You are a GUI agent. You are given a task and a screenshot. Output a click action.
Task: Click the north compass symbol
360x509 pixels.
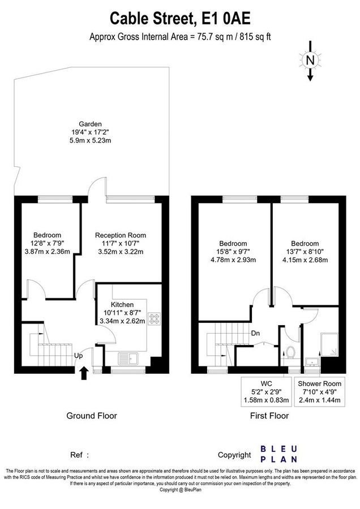tap(310, 61)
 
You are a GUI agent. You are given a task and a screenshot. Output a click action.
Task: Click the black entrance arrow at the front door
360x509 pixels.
tap(84, 373)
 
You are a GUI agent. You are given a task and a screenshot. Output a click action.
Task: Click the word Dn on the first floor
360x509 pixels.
tap(255, 333)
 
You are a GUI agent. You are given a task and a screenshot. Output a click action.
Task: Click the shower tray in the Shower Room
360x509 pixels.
tap(330, 342)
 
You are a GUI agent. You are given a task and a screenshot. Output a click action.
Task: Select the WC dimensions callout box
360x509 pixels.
tap(265, 392)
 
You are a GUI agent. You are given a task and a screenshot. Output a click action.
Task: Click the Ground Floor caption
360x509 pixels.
tap(92, 416)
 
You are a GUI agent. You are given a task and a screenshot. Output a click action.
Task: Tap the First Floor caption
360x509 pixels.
tap(269, 416)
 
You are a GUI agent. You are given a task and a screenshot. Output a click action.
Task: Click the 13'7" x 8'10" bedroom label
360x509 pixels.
tap(305, 252)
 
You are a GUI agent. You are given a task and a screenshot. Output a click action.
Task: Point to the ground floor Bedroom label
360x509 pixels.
tap(47, 244)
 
